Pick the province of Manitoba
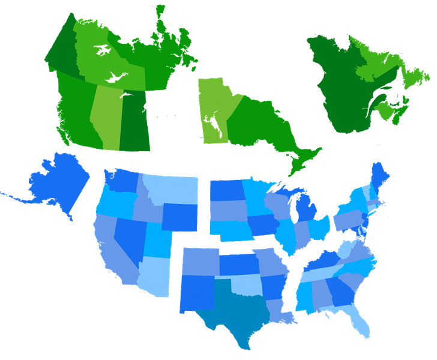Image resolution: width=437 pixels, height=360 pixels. coord(213,111)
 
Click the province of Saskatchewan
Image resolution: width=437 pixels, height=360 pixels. coord(135,120)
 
